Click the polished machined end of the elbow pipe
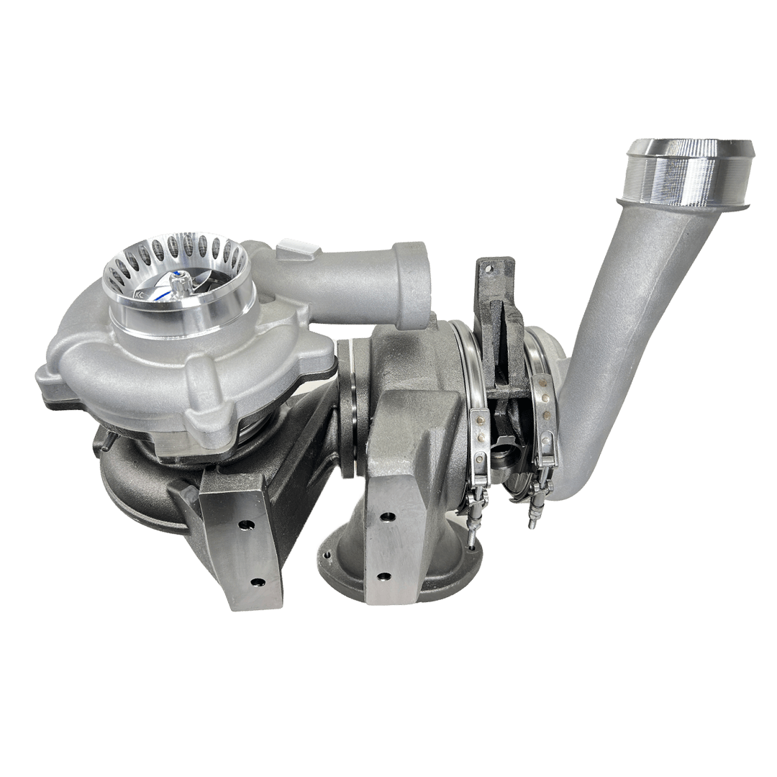click(689, 173)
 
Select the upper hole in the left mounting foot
click(242, 524)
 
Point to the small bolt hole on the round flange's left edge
click(329, 555)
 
